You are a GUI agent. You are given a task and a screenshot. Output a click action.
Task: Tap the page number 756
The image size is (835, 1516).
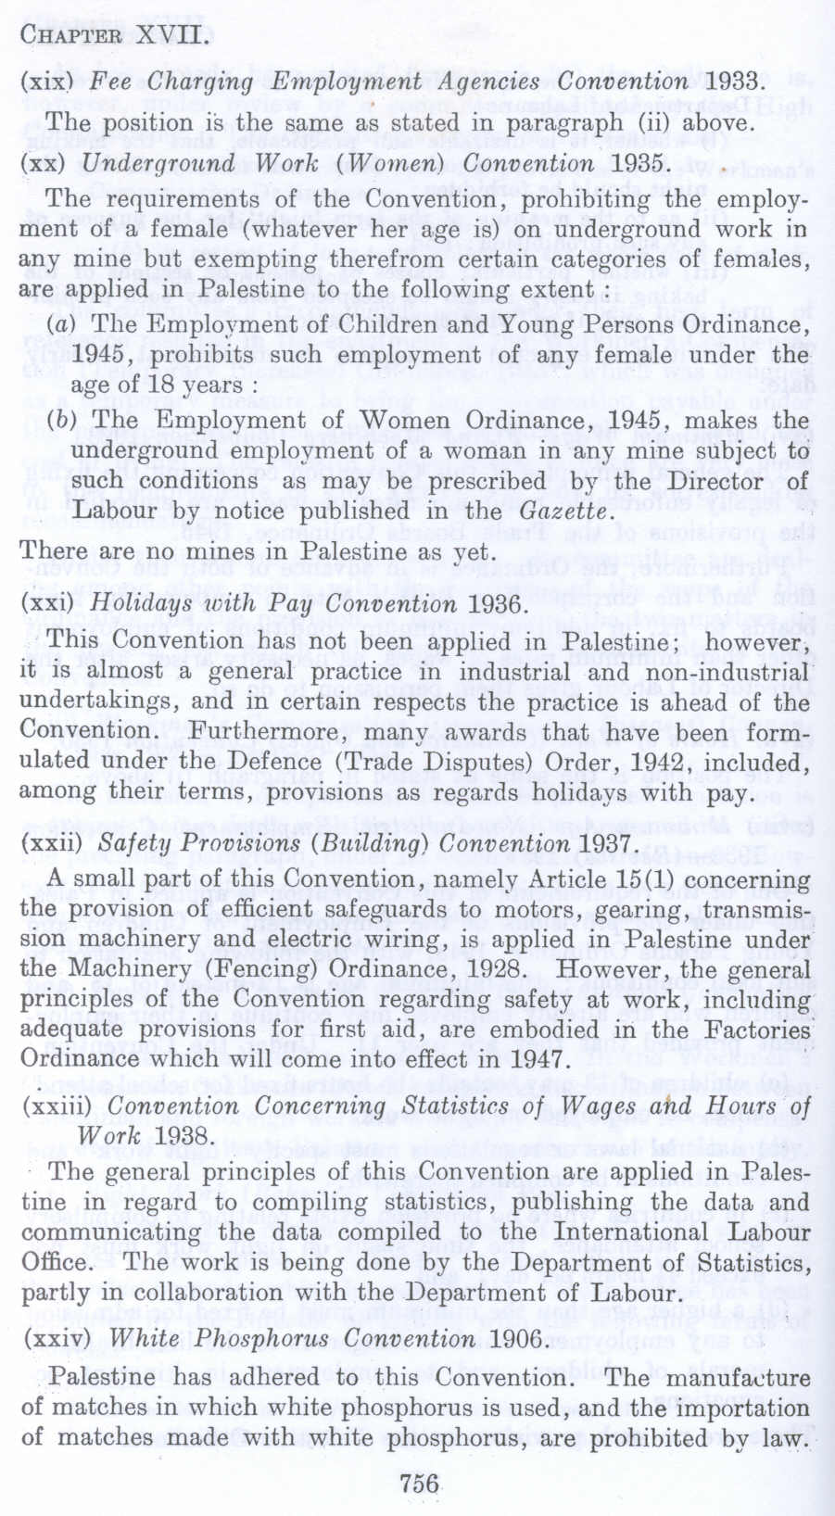pos(419,1484)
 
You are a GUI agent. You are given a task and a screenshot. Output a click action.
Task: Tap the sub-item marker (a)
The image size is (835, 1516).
pos(63,324)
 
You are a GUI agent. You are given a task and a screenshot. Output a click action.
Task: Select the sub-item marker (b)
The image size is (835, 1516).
pos(63,421)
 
